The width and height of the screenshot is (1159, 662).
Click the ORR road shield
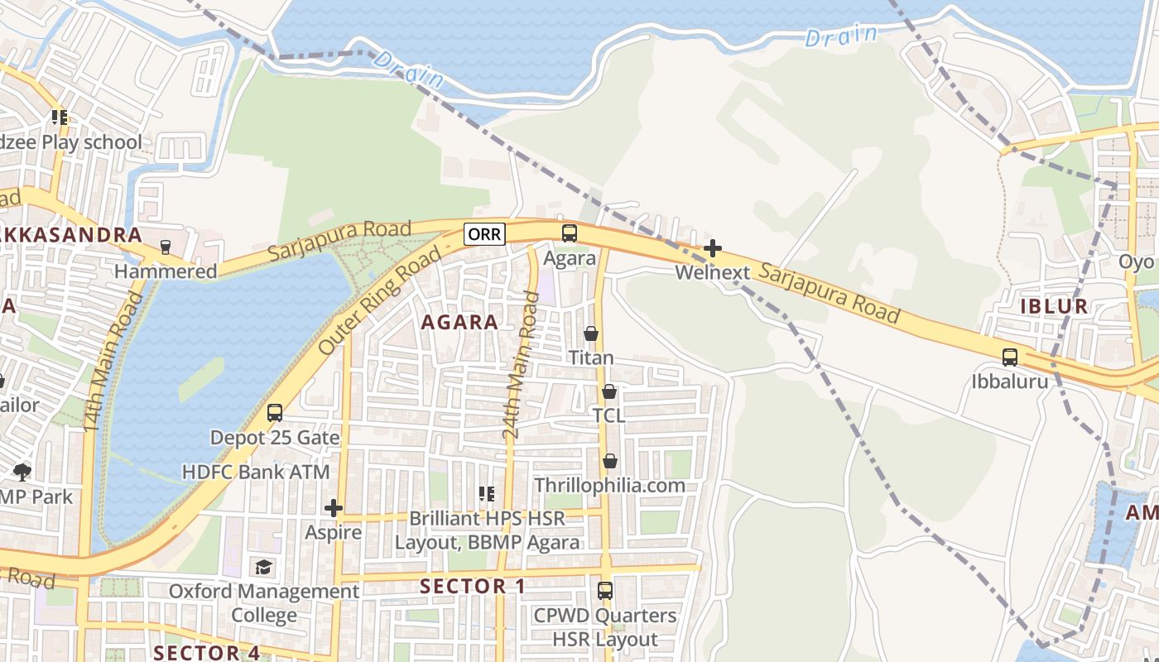(484, 234)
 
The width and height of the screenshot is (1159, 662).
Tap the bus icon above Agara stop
(570, 233)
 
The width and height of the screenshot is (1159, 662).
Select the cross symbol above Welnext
(712, 247)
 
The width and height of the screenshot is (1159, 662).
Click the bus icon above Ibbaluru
(1010, 357)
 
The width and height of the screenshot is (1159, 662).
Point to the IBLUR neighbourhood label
(1053, 306)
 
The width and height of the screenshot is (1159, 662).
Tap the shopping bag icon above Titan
(591, 333)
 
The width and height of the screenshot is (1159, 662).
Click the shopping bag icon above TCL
(609, 391)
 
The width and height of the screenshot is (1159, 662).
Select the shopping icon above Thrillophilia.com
(610, 460)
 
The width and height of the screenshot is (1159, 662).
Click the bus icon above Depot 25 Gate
(275, 412)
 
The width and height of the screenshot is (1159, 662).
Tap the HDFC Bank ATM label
(256, 473)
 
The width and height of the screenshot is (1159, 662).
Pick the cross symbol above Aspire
(334, 507)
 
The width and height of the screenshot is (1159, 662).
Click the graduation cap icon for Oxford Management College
(263, 567)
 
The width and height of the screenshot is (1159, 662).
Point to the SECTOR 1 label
(473, 587)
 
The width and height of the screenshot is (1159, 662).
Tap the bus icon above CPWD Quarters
(605, 591)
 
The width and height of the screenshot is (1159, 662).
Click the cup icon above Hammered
(165, 247)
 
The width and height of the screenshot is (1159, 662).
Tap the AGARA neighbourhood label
(459, 322)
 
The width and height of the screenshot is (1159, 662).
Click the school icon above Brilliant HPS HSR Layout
(487, 494)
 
